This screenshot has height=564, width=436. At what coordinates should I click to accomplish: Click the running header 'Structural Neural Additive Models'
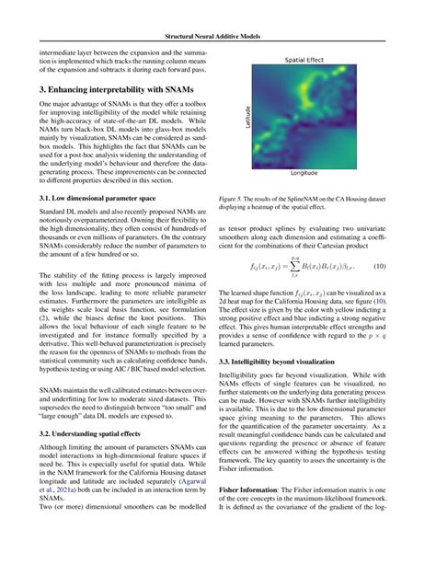point(218,38)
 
